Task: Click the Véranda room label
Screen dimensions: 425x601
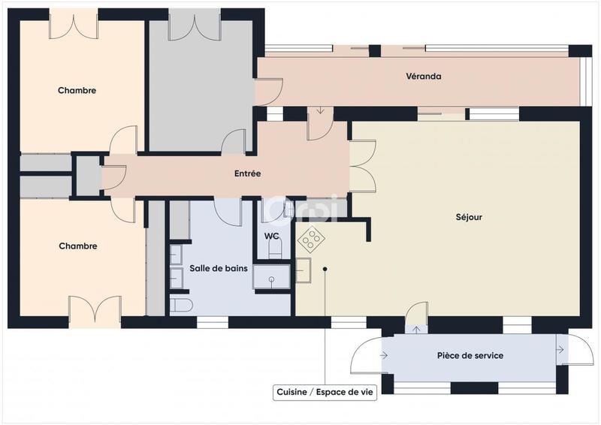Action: click(423, 77)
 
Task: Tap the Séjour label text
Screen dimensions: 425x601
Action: click(469, 218)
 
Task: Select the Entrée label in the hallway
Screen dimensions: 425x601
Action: click(248, 173)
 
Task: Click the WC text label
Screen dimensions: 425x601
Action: click(272, 236)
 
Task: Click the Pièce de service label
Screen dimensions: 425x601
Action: click(470, 355)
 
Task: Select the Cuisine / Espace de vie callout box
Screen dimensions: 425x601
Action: click(325, 393)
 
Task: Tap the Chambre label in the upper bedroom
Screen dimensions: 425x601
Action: click(77, 91)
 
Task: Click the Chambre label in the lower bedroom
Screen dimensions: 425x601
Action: click(77, 246)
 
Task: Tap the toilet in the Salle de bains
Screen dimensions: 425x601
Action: click(182, 305)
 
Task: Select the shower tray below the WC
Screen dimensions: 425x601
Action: click(271, 278)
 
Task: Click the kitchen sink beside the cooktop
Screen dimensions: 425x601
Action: click(304, 270)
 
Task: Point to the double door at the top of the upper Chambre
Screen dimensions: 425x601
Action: click(74, 24)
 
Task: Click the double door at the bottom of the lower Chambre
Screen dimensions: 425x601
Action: click(95, 310)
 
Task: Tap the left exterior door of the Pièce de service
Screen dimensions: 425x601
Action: click(368, 354)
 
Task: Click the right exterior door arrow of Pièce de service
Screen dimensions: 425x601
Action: click(560, 349)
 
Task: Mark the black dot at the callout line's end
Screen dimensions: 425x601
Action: click(325, 268)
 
